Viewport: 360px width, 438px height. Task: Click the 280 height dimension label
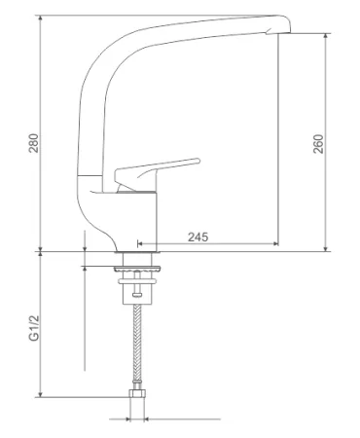tap(34, 143)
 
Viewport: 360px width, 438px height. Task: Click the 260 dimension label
tap(318, 144)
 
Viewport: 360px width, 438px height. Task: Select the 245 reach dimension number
tap(198, 237)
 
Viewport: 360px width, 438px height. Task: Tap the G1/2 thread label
tap(34, 328)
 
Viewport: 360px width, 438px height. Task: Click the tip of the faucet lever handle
tap(198, 161)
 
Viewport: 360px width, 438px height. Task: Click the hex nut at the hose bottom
tap(137, 393)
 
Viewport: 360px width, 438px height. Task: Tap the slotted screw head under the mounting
tap(137, 295)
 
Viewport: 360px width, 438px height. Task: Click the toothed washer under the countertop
tap(137, 269)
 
